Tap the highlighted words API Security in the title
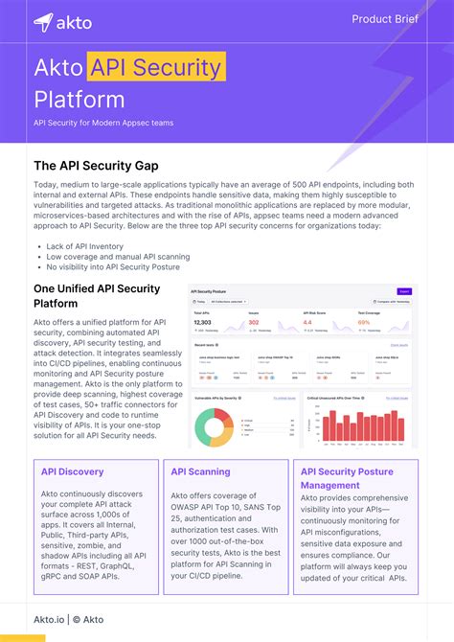point(157,68)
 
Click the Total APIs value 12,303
point(202,323)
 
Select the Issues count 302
point(254,323)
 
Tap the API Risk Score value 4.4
point(307,323)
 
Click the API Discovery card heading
point(74,471)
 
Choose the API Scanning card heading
point(200,471)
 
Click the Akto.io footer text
point(50,620)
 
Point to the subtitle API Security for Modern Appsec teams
point(103,123)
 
